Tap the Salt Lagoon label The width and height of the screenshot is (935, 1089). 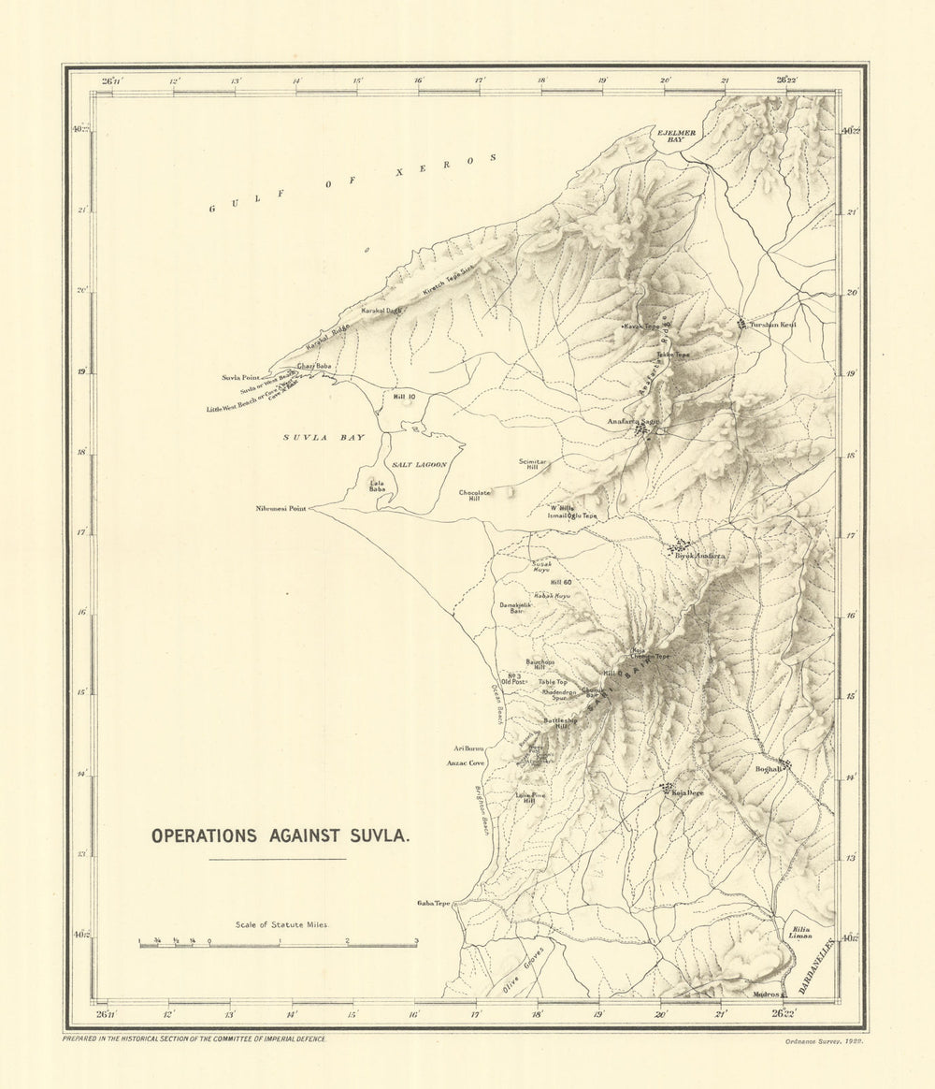pyautogui.click(x=420, y=465)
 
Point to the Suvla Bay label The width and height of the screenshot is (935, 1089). pyautogui.click(x=324, y=438)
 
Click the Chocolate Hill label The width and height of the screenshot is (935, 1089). pyautogui.click(x=475, y=496)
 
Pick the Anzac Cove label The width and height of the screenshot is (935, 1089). pyautogui.click(x=465, y=763)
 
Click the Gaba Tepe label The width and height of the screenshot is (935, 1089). pyautogui.click(x=434, y=904)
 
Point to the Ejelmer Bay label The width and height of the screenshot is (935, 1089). pyautogui.click(x=675, y=136)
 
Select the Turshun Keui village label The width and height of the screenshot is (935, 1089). pyautogui.click(x=772, y=325)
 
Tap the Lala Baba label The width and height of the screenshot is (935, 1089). pyautogui.click(x=377, y=486)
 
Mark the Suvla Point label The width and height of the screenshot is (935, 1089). pyautogui.click(x=241, y=377)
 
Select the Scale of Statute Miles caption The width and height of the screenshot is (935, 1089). pyautogui.click(x=276, y=922)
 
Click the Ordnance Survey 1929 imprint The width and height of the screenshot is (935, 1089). pyautogui.click(x=824, y=1039)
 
